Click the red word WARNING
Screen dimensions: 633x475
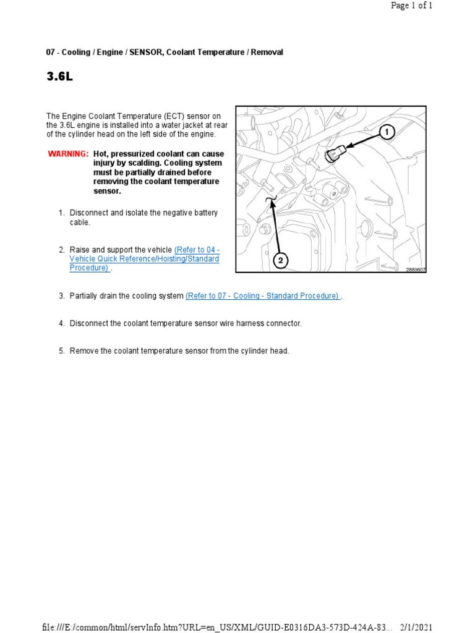pos(68,154)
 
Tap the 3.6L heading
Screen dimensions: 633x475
pos(59,77)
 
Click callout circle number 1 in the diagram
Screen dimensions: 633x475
pos(387,132)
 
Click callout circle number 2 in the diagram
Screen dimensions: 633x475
pos(280,261)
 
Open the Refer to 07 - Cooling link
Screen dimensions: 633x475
pos(263,296)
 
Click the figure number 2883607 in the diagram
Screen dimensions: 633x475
pos(416,270)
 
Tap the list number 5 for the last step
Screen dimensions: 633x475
pos(61,351)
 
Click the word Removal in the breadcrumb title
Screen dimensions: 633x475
pos(267,53)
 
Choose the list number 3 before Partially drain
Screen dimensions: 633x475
pos(61,296)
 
